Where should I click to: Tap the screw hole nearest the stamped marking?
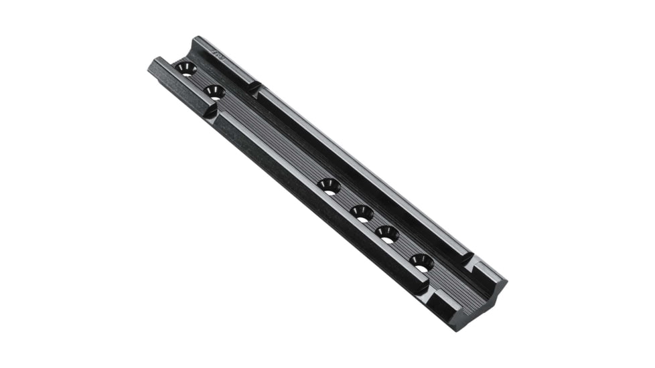coord(186,68)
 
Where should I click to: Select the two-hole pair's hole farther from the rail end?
coord(213,92)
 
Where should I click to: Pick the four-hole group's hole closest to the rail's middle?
coord(329,186)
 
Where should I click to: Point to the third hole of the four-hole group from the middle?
coord(387,234)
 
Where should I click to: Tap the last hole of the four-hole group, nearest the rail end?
coord(422,262)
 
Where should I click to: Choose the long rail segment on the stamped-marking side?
coord(362,171)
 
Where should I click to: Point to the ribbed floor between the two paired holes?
coord(200,80)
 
